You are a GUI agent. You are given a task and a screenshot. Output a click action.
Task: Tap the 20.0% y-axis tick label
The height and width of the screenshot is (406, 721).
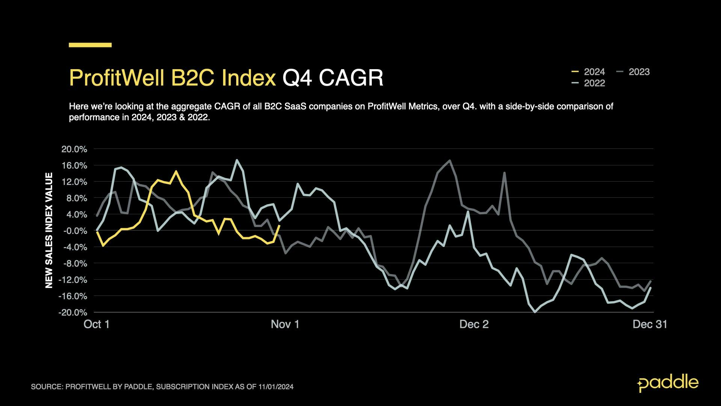pyautogui.click(x=74, y=149)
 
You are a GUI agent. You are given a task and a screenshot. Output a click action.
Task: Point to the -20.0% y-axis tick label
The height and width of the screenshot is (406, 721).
pyautogui.click(x=72, y=312)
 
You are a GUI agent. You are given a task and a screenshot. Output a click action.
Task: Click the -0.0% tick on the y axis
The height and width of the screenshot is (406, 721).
pyautogui.click(x=74, y=231)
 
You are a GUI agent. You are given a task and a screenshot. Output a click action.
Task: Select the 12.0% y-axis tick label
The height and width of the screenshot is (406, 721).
pyautogui.click(x=74, y=182)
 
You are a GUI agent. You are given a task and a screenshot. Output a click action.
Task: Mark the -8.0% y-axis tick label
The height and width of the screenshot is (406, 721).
pyautogui.click(x=74, y=264)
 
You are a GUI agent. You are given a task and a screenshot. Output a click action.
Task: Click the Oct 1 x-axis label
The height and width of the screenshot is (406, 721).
pyautogui.click(x=97, y=324)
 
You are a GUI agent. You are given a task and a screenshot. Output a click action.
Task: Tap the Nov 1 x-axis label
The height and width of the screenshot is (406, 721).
pyautogui.click(x=285, y=324)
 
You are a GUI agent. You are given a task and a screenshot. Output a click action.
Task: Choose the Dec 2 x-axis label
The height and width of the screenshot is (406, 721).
pyautogui.click(x=474, y=324)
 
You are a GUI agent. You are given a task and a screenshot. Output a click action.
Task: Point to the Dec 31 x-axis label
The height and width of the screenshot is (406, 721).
pyautogui.click(x=650, y=324)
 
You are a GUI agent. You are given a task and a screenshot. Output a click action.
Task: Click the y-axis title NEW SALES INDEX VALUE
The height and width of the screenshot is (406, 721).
pyautogui.click(x=49, y=230)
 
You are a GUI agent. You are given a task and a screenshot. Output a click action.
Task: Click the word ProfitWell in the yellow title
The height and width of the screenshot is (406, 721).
pyautogui.click(x=117, y=78)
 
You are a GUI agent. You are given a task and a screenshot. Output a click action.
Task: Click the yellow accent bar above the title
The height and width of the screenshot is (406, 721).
pyautogui.click(x=90, y=45)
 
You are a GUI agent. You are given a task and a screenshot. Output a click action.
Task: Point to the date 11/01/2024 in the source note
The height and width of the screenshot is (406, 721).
pyautogui.click(x=276, y=387)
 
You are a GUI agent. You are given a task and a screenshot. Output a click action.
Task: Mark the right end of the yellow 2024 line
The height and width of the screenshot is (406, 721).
pyautogui.click(x=279, y=226)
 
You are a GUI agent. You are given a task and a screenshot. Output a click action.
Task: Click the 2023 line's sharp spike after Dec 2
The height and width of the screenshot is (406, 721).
pyautogui.click(x=504, y=173)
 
